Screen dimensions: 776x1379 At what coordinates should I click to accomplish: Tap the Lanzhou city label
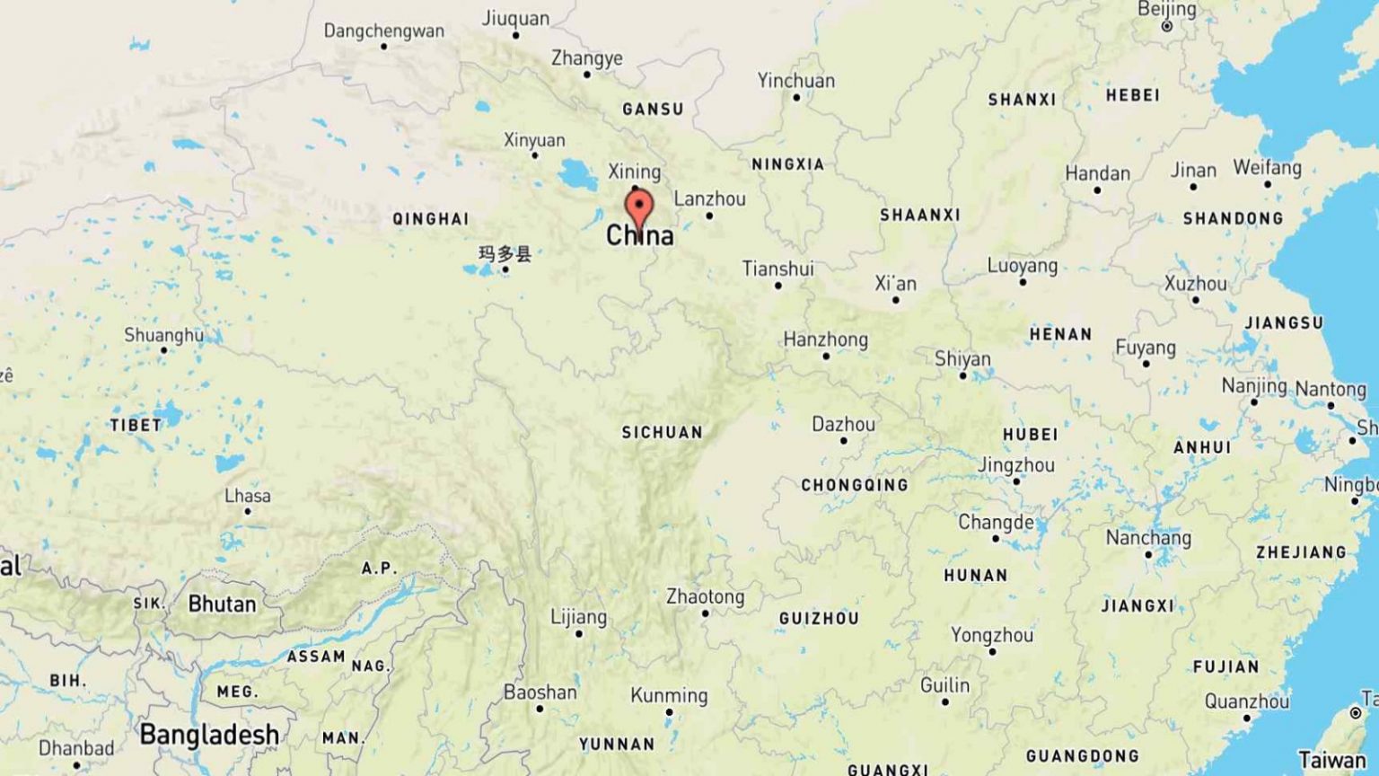pyautogui.click(x=709, y=198)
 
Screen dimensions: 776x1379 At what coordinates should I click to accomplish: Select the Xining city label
pyautogui.click(x=634, y=172)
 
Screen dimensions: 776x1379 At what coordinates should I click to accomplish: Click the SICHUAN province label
pyautogui.click(x=662, y=432)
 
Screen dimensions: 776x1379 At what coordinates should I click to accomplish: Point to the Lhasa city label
pyautogui.click(x=247, y=496)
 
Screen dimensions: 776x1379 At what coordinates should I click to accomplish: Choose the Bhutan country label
pyautogui.click(x=222, y=604)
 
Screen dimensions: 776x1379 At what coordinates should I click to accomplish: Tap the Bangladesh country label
pyautogui.click(x=209, y=735)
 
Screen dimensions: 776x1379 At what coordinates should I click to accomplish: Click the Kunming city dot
pyautogui.click(x=669, y=712)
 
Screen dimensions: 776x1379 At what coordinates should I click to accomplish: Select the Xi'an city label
pyautogui.click(x=895, y=284)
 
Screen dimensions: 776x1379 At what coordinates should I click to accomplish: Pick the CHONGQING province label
pyautogui.click(x=854, y=485)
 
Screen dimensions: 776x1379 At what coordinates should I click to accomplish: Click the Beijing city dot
pyautogui.click(x=1167, y=27)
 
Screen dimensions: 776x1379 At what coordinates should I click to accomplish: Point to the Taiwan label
pyautogui.click(x=1331, y=760)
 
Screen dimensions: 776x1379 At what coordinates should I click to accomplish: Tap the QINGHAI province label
pyautogui.click(x=430, y=218)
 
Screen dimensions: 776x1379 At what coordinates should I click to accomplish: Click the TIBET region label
pyautogui.click(x=136, y=425)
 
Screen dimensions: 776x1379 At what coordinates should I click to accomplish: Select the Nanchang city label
pyautogui.click(x=1148, y=537)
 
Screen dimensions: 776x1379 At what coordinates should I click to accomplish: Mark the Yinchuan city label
pyautogui.click(x=795, y=80)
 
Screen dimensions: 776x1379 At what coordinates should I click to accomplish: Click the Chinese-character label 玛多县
pyautogui.click(x=505, y=253)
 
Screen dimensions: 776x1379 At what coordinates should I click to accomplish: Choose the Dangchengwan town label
pyautogui.click(x=383, y=31)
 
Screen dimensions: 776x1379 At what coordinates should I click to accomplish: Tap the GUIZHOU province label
pyautogui.click(x=818, y=618)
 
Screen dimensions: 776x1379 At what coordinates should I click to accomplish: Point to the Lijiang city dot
pyautogui.click(x=579, y=634)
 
